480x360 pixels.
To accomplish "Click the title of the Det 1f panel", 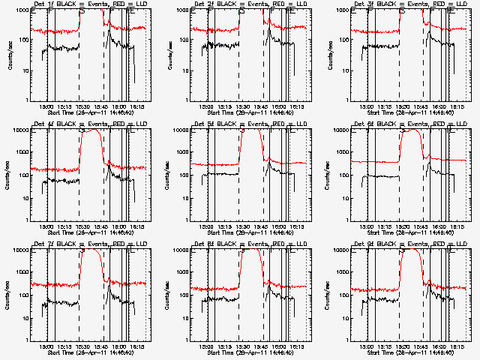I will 90,4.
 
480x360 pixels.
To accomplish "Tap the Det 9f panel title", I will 410,244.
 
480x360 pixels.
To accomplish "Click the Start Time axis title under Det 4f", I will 91,231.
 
